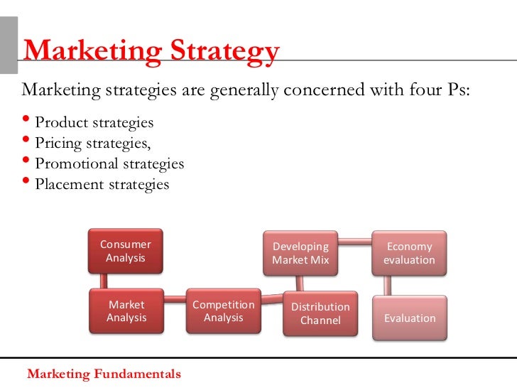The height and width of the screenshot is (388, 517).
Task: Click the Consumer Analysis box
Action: point(125,251)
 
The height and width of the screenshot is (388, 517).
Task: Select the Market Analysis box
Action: point(126,311)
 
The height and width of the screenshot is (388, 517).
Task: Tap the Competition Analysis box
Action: point(223,311)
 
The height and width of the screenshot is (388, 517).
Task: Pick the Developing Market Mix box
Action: point(300,253)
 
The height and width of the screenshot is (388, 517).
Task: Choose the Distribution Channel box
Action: point(320,313)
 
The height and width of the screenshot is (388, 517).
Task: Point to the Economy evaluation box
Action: point(409,253)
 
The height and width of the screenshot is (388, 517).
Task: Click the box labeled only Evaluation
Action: point(410,318)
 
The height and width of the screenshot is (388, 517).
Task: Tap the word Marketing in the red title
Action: point(82,51)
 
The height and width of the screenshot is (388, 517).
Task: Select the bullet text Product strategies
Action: point(94,123)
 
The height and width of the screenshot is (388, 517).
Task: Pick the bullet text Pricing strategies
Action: point(93,144)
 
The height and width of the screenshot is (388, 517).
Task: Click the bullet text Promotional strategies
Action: point(109,164)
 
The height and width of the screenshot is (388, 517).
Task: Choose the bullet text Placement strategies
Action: point(102,185)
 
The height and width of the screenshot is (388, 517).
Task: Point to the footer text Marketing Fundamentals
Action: point(104,374)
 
